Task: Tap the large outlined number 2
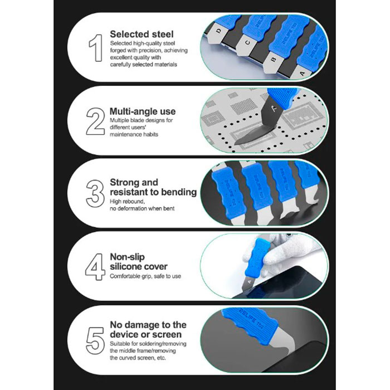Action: [95, 121]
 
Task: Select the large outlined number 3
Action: [95, 193]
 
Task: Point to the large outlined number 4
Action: [95, 267]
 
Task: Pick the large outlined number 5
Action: [95, 340]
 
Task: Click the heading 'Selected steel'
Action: [142, 34]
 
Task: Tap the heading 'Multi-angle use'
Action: [143, 111]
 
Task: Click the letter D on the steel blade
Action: [218, 31]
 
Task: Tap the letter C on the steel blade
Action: [248, 43]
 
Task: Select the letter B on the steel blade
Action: [274, 60]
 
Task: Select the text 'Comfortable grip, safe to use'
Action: [145, 276]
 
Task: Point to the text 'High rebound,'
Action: [127, 202]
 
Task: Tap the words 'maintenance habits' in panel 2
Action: [134, 134]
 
